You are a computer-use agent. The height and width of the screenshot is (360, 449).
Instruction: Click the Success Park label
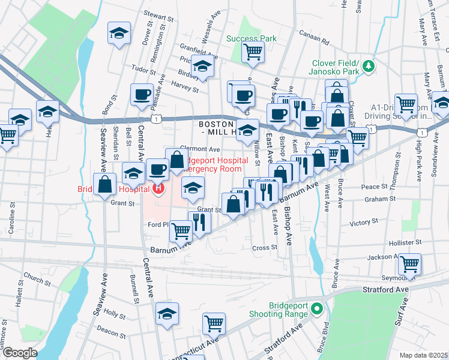252,38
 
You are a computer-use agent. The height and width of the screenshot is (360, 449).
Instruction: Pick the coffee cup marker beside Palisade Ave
142,94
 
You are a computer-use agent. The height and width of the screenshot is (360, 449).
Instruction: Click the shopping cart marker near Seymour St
409,263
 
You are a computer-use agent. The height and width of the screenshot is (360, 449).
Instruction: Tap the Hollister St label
405,242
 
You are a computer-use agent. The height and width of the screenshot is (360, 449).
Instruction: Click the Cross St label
265,247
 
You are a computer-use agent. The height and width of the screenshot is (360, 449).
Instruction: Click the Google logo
20,353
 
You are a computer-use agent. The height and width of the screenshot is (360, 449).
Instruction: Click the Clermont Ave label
205,149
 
